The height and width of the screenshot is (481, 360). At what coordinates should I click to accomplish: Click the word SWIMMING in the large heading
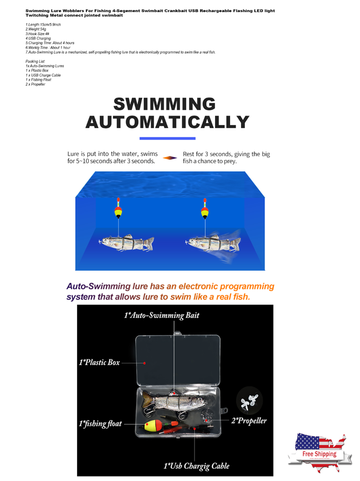(x=164, y=104)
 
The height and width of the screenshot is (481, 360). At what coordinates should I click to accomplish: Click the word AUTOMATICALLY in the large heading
(x=167, y=122)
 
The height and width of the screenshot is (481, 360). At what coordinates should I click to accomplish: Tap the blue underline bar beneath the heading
(x=168, y=139)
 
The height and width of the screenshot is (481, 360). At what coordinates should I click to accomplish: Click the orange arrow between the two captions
(x=170, y=158)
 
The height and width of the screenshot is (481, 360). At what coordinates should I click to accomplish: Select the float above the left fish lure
(x=118, y=212)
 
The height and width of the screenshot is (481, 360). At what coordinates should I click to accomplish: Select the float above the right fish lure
(x=205, y=212)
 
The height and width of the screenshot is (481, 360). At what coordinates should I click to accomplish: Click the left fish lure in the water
(x=126, y=243)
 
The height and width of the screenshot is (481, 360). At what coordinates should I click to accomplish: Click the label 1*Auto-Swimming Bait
(x=161, y=315)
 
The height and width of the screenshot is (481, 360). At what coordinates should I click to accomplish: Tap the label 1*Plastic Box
(x=99, y=363)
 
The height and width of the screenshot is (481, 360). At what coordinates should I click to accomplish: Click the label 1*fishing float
(x=100, y=424)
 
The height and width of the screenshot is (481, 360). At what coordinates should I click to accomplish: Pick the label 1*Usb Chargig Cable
(x=196, y=466)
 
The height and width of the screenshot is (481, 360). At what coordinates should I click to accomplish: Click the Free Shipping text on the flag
(x=319, y=454)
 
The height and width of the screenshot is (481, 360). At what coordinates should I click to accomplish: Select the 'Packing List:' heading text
(x=35, y=62)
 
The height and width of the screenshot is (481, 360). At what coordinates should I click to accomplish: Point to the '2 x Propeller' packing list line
(x=36, y=84)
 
